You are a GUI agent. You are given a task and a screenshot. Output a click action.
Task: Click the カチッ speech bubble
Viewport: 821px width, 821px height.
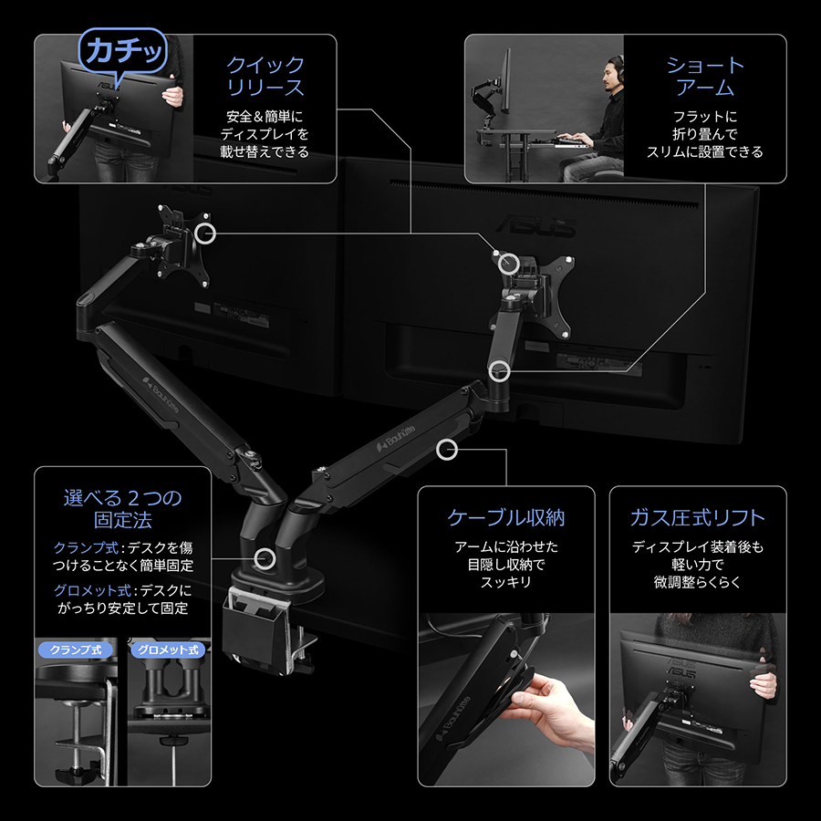(122, 51)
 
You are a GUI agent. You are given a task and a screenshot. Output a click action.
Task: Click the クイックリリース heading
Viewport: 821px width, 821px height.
(265, 76)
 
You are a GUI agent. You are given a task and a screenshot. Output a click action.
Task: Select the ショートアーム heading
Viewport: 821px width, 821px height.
(705, 76)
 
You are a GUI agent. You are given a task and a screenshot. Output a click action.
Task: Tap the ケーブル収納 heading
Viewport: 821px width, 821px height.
(505, 517)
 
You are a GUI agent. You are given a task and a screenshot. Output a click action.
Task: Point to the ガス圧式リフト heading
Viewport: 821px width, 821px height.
(698, 517)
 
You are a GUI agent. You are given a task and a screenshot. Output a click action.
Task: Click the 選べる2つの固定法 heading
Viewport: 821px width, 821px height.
(122, 508)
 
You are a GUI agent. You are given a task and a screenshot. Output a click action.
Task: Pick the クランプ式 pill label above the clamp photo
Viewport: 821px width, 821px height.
(76, 650)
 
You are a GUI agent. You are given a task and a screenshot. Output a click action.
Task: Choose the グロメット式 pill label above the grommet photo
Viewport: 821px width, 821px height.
(168, 650)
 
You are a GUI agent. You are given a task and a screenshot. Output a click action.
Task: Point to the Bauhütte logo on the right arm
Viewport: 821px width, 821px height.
(397, 438)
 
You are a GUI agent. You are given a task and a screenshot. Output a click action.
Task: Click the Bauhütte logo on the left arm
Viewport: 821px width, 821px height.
(161, 394)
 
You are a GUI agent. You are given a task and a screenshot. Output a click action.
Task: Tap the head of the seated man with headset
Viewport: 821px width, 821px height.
(611, 73)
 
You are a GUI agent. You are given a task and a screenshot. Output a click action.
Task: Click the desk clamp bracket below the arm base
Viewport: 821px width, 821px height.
(262, 629)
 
